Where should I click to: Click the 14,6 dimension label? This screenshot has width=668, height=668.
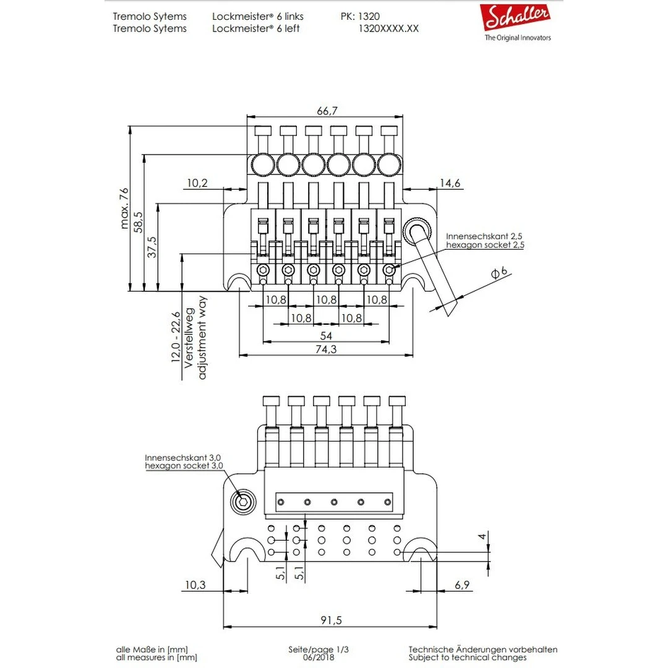(x=450, y=183)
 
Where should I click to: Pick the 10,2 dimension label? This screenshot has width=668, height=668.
(x=197, y=183)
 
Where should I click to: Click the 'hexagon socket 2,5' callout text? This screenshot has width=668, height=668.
(x=485, y=245)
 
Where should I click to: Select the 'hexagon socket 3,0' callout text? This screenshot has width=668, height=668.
(x=184, y=465)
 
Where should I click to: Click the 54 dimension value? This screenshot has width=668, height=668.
(x=326, y=335)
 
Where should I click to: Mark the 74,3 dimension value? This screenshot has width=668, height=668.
(x=326, y=349)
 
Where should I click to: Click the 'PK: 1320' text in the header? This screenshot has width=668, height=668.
(x=360, y=17)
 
